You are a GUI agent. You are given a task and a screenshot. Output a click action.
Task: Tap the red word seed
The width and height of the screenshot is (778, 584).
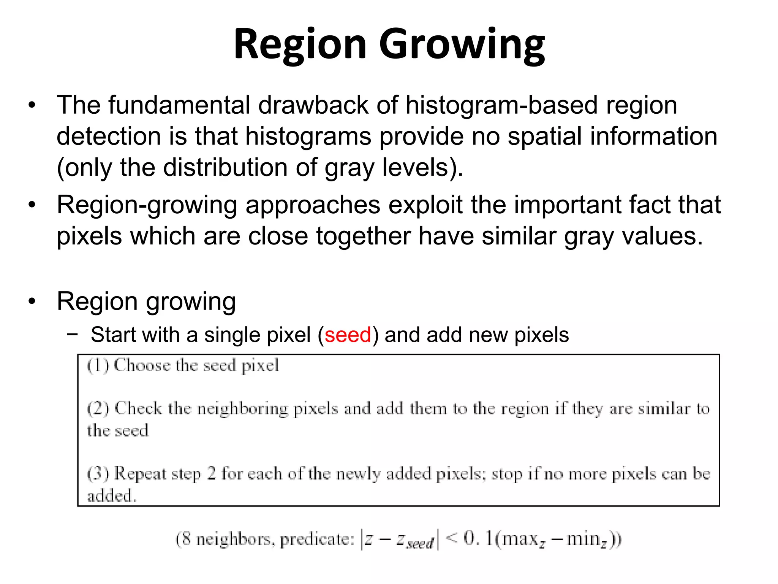348,335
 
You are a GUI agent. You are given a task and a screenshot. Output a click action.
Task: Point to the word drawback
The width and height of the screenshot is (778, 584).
313,105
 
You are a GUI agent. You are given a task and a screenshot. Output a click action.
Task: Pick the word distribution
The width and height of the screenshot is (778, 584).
226,167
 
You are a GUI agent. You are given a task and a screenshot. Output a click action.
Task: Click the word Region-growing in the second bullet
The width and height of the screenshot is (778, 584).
147,205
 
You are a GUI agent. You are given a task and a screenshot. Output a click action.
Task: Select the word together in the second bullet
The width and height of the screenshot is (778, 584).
364,236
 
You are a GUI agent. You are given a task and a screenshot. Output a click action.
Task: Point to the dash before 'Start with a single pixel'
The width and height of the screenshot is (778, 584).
72,335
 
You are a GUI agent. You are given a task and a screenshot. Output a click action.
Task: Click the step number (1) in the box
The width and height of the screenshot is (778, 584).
98,366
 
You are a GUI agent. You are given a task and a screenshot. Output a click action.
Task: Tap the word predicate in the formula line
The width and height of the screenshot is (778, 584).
316,540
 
